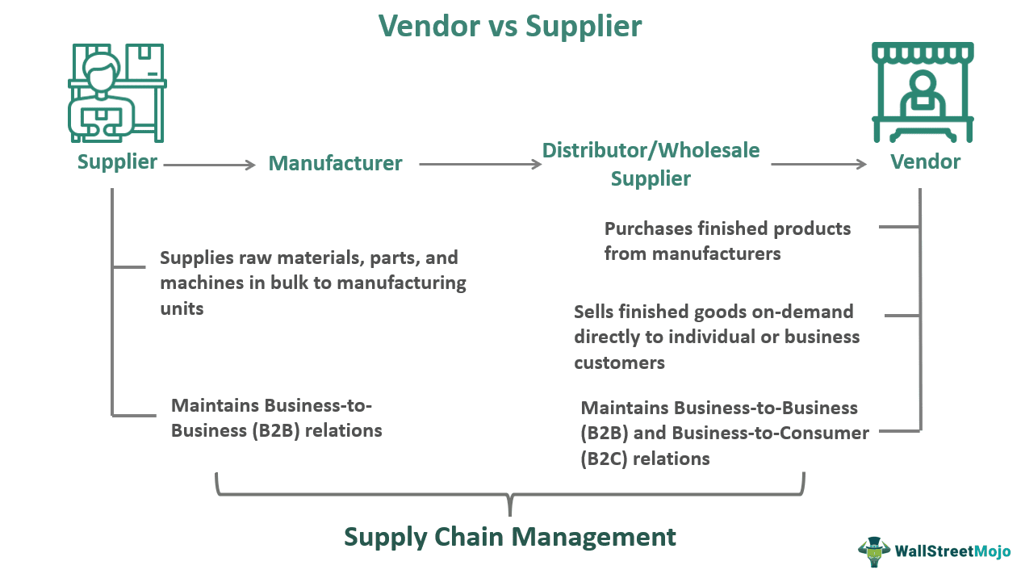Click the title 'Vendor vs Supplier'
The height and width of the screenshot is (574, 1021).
click(510, 26)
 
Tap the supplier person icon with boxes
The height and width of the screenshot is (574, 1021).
click(117, 91)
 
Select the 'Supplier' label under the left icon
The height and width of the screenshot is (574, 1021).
click(117, 161)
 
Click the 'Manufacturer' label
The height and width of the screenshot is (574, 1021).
click(335, 163)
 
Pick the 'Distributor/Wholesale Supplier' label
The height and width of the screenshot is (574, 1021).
click(651, 164)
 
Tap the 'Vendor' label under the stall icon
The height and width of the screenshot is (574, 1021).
click(925, 161)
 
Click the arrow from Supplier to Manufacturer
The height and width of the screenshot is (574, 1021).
click(209, 165)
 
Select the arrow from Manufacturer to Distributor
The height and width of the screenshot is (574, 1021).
click(480, 165)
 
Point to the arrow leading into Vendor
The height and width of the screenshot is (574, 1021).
click(818, 165)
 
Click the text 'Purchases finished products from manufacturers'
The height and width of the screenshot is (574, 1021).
click(727, 241)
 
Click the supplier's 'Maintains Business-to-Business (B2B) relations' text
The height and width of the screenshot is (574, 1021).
click(276, 417)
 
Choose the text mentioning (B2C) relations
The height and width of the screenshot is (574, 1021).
click(724, 434)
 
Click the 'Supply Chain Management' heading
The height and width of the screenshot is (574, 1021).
click(510, 537)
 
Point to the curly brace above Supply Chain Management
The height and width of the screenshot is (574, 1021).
click(510, 495)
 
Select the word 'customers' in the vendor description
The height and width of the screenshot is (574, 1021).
click(619, 362)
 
